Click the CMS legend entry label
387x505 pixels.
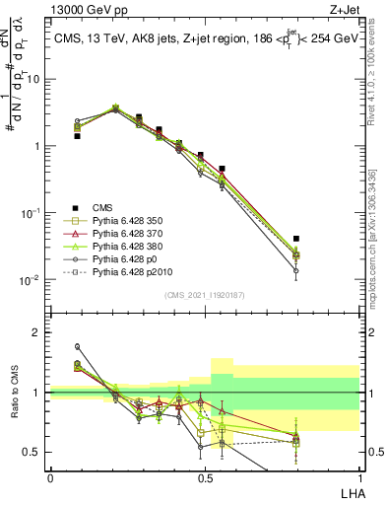click(103, 207)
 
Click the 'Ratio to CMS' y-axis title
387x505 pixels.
click(13, 394)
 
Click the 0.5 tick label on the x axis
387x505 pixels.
click(205, 477)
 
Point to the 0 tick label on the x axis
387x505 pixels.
click(50, 477)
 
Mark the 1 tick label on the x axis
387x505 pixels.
click(359, 477)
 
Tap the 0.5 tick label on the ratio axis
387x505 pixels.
click(33, 452)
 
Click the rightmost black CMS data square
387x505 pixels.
click(296, 239)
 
